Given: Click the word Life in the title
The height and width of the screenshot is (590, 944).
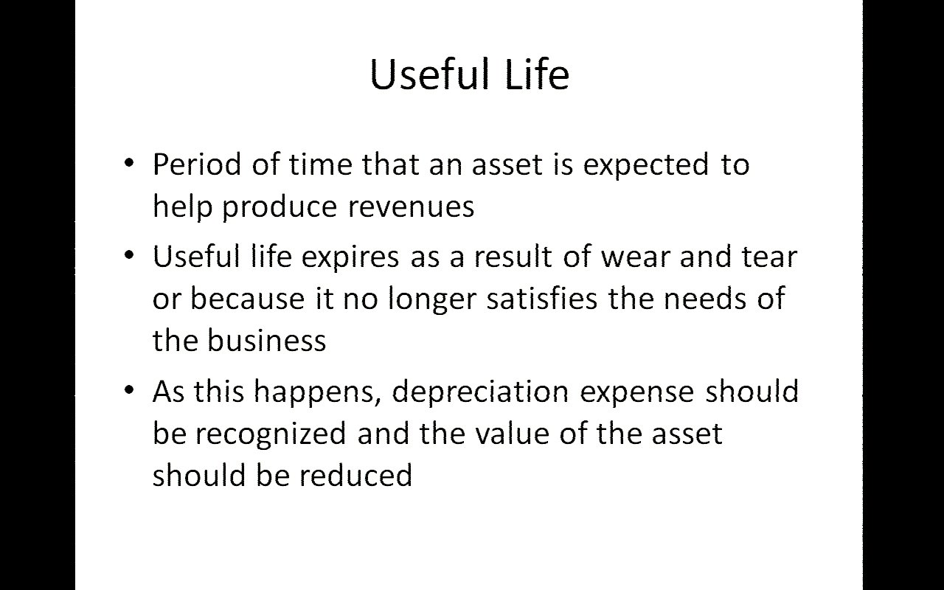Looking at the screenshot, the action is [537, 74].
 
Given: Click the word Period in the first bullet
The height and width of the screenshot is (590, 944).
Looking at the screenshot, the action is [197, 164].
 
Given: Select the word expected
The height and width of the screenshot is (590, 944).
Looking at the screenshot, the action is [646, 166].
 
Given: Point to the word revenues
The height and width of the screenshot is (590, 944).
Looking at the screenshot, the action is [412, 208].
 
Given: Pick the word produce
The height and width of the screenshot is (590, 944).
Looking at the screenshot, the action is [280, 208].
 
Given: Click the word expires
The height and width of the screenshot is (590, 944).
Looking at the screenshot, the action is [350, 258].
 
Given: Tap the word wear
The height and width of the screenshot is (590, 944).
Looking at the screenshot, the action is [635, 257].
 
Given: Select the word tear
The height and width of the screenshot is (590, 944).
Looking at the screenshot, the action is [769, 257].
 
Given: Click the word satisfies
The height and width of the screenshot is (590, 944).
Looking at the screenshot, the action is [542, 298].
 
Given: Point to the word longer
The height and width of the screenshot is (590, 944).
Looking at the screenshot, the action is [432, 299].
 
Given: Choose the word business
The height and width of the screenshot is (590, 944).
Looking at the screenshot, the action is [267, 340].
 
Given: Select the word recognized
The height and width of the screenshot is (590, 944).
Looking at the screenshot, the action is [271, 434].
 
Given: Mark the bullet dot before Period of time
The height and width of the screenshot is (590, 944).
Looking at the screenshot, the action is [129, 163].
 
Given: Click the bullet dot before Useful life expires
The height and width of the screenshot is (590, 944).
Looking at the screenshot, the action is [129, 255].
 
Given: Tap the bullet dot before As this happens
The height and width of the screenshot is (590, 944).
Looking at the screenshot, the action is [129, 389].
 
